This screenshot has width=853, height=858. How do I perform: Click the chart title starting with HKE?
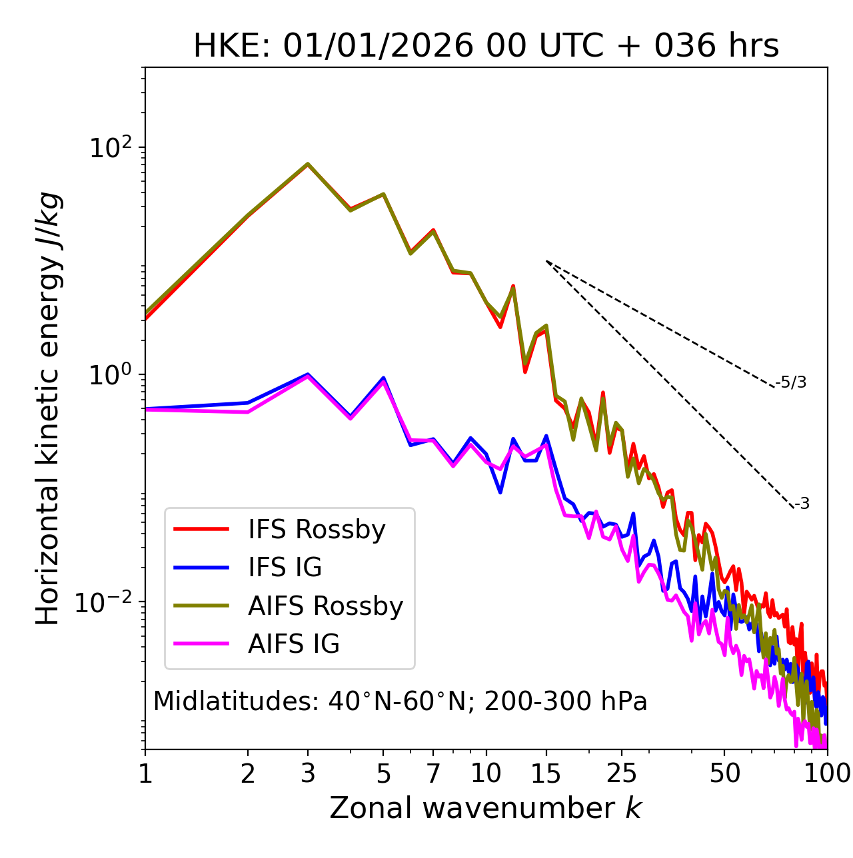pos(486,47)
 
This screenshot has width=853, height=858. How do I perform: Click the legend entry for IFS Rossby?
pos(317,530)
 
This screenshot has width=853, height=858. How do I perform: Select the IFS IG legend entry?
pos(285,568)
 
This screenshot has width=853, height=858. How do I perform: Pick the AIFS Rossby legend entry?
pos(325,606)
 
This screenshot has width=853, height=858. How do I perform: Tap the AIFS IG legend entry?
pos(294,644)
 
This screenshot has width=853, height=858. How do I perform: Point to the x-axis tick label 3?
pos(308,773)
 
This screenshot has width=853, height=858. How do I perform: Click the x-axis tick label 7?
pos(433,773)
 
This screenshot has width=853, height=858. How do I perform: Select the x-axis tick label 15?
pos(546,773)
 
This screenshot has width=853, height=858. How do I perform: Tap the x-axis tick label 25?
pos(622,773)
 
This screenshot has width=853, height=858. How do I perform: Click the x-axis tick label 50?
pos(724,773)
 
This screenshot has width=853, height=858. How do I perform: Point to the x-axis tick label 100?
pos(827,773)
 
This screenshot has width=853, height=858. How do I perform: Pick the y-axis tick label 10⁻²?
pos(107,602)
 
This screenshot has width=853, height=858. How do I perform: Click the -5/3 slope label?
pos(791,383)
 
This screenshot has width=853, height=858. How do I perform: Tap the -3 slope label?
pos(802,504)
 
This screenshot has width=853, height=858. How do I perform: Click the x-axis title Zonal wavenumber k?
pos(486,809)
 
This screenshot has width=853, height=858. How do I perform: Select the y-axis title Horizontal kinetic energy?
pos(48,408)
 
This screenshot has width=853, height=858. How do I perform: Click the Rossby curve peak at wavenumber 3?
pos(308,164)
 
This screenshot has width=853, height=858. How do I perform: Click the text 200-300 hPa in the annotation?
pos(565,702)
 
